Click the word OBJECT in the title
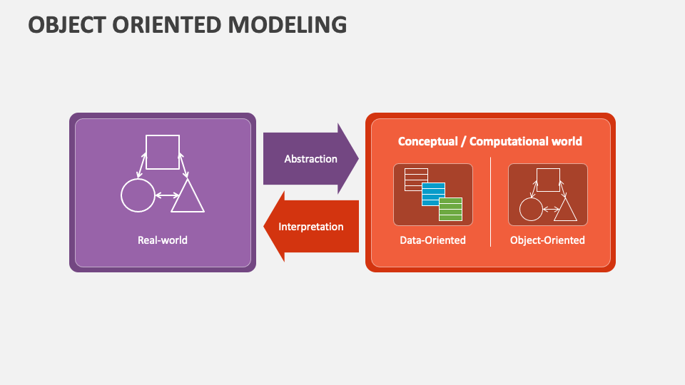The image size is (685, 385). coord(67,24)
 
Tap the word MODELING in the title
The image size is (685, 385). coord(287,24)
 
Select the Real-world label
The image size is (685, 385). coord(163,240)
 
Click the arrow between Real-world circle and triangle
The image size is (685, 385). coord(167,195)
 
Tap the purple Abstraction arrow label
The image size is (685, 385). coord(310,159)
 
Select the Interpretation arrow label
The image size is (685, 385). coord(310,227)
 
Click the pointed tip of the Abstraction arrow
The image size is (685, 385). coord(359,158)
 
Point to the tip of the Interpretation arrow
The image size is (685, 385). coord(263,226)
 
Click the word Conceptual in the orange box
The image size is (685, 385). coord(427,141)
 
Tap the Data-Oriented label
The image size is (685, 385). coord(432,240)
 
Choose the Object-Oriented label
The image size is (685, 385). coord(547,240)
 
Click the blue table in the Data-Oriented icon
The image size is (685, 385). coord(433,194)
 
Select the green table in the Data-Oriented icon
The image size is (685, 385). coord(450,209)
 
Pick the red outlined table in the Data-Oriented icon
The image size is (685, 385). coord(416,180)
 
